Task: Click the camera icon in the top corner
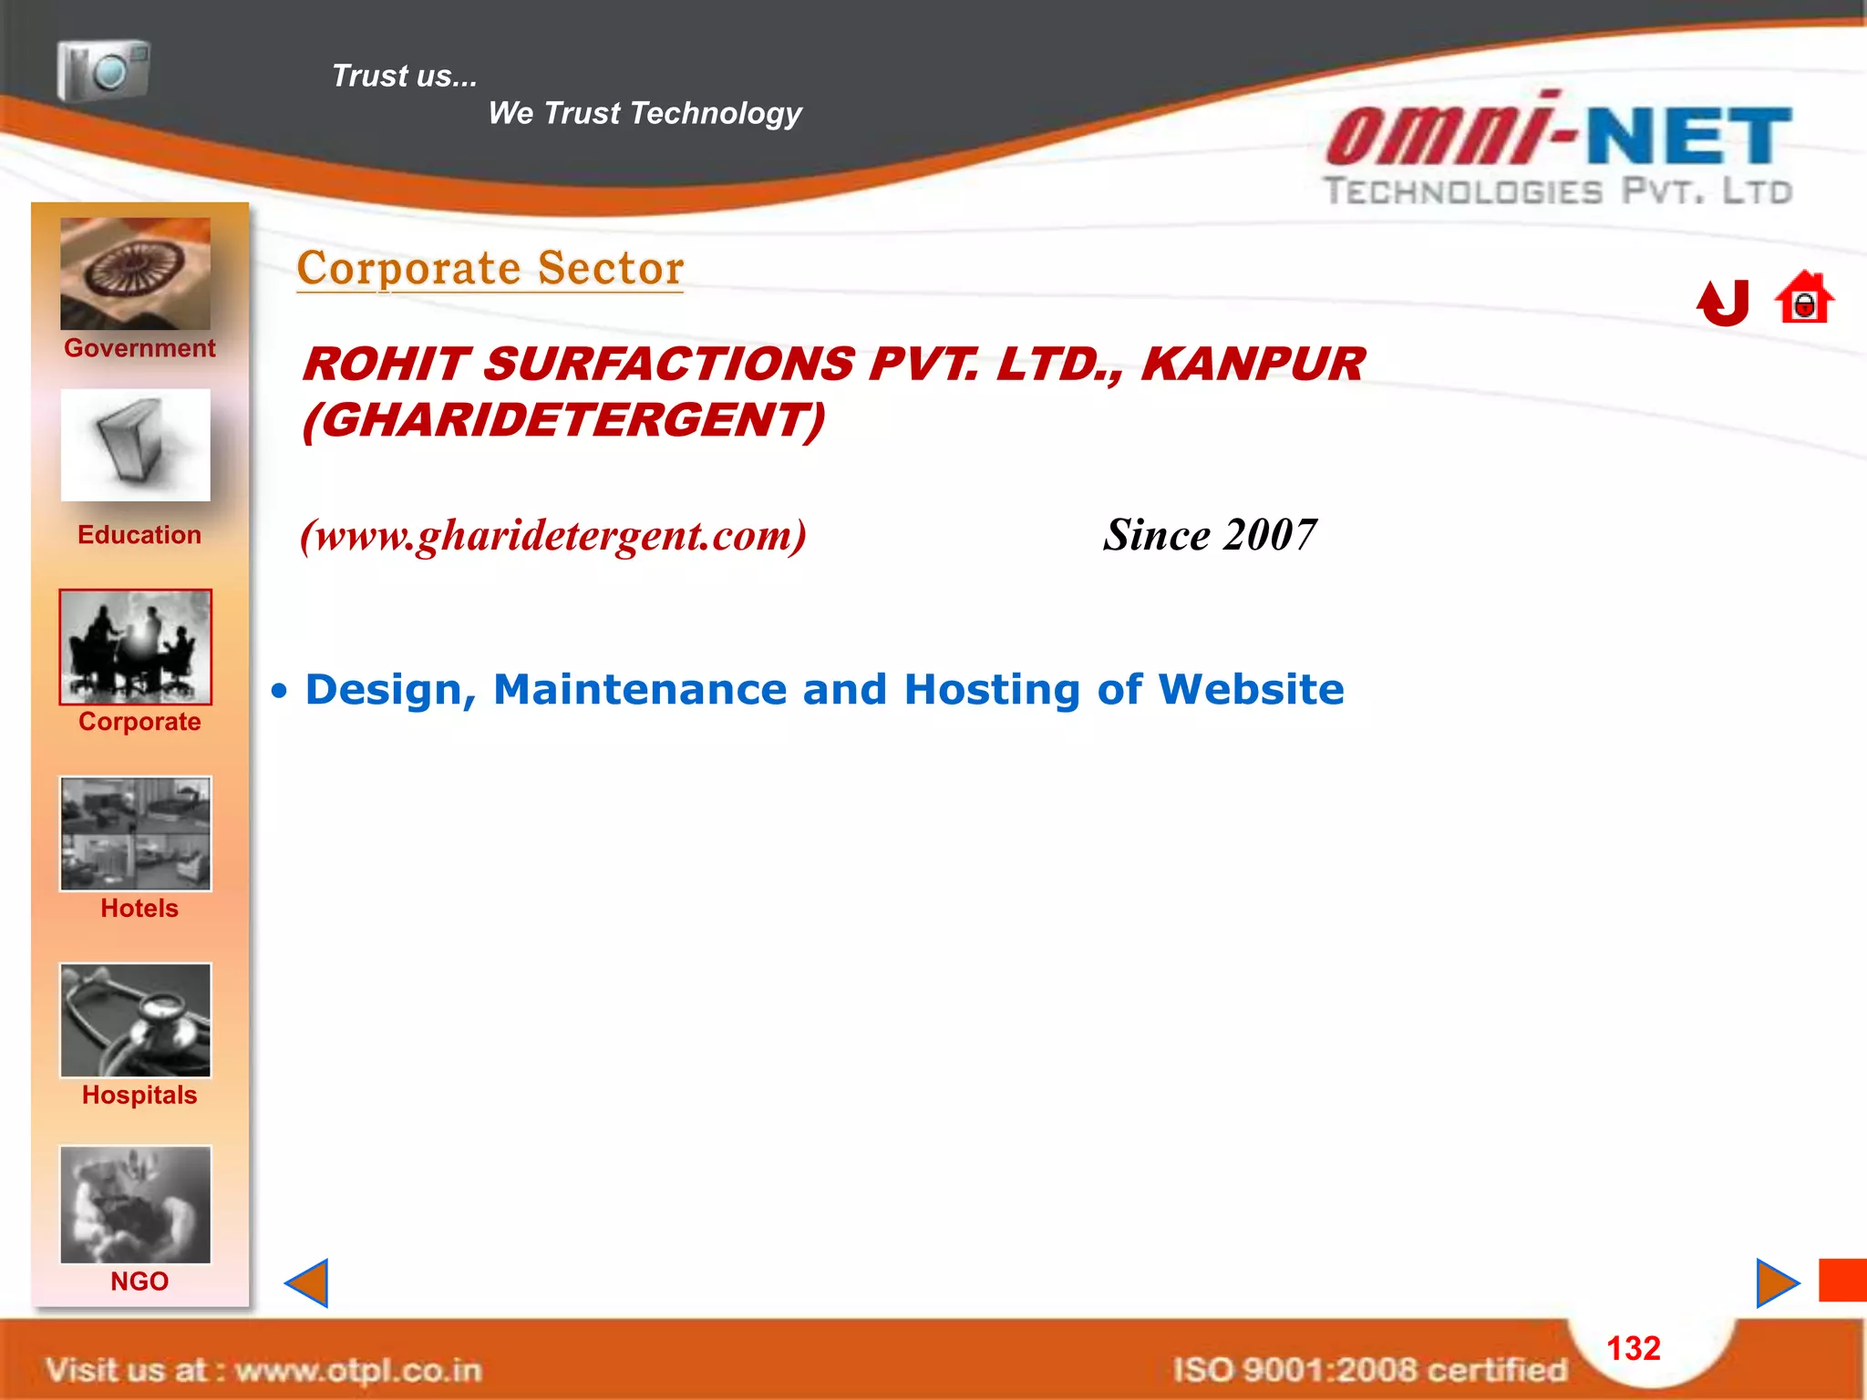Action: (x=103, y=69)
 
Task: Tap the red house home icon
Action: (x=1804, y=299)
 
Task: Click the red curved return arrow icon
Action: (x=1723, y=303)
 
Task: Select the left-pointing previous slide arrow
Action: (x=307, y=1283)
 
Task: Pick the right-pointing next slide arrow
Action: (x=1776, y=1283)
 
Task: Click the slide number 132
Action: (x=1633, y=1348)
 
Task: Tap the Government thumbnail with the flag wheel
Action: (x=135, y=273)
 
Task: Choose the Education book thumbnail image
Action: (x=135, y=445)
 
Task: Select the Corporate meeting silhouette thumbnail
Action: (x=135, y=646)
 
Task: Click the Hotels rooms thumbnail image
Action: (x=135, y=833)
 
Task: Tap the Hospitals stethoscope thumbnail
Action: (x=135, y=1020)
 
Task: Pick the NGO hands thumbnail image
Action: (x=135, y=1204)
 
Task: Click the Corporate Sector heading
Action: (x=490, y=268)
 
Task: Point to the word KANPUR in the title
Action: (x=1253, y=364)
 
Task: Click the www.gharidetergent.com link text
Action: (x=553, y=535)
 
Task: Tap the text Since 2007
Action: (x=1210, y=535)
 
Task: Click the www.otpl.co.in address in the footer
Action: (x=358, y=1370)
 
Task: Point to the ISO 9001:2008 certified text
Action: (x=1369, y=1370)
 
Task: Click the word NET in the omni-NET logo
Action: (x=1689, y=137)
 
